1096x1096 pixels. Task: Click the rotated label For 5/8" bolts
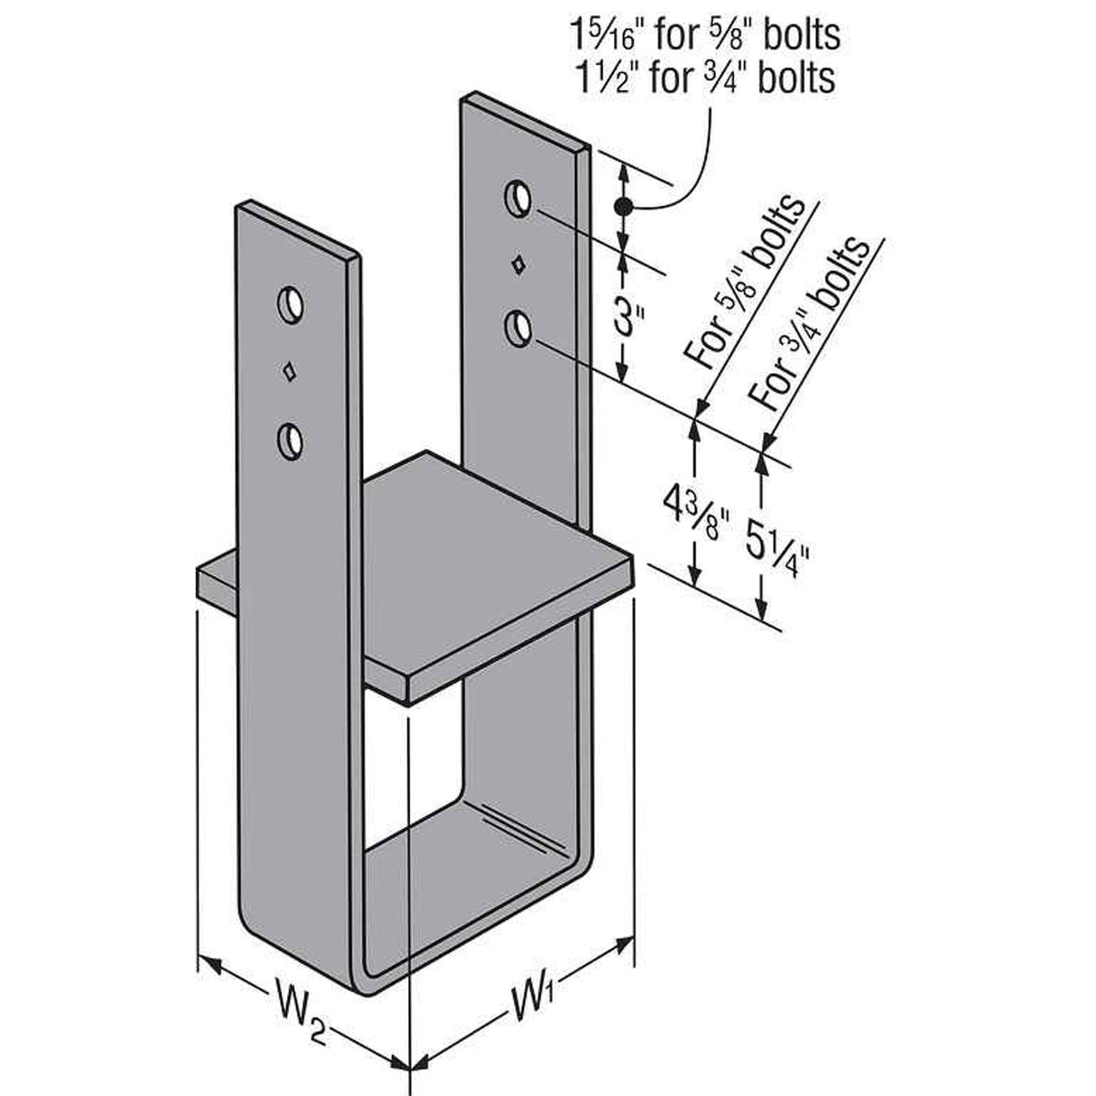[746, 282]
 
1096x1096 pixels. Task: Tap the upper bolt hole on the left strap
[290, 304]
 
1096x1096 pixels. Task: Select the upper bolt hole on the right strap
[517, 197]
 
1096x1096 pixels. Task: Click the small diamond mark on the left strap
[290, 371]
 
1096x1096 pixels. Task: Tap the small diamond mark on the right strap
[518, 265]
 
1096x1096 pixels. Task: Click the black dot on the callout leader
[620, 208]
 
